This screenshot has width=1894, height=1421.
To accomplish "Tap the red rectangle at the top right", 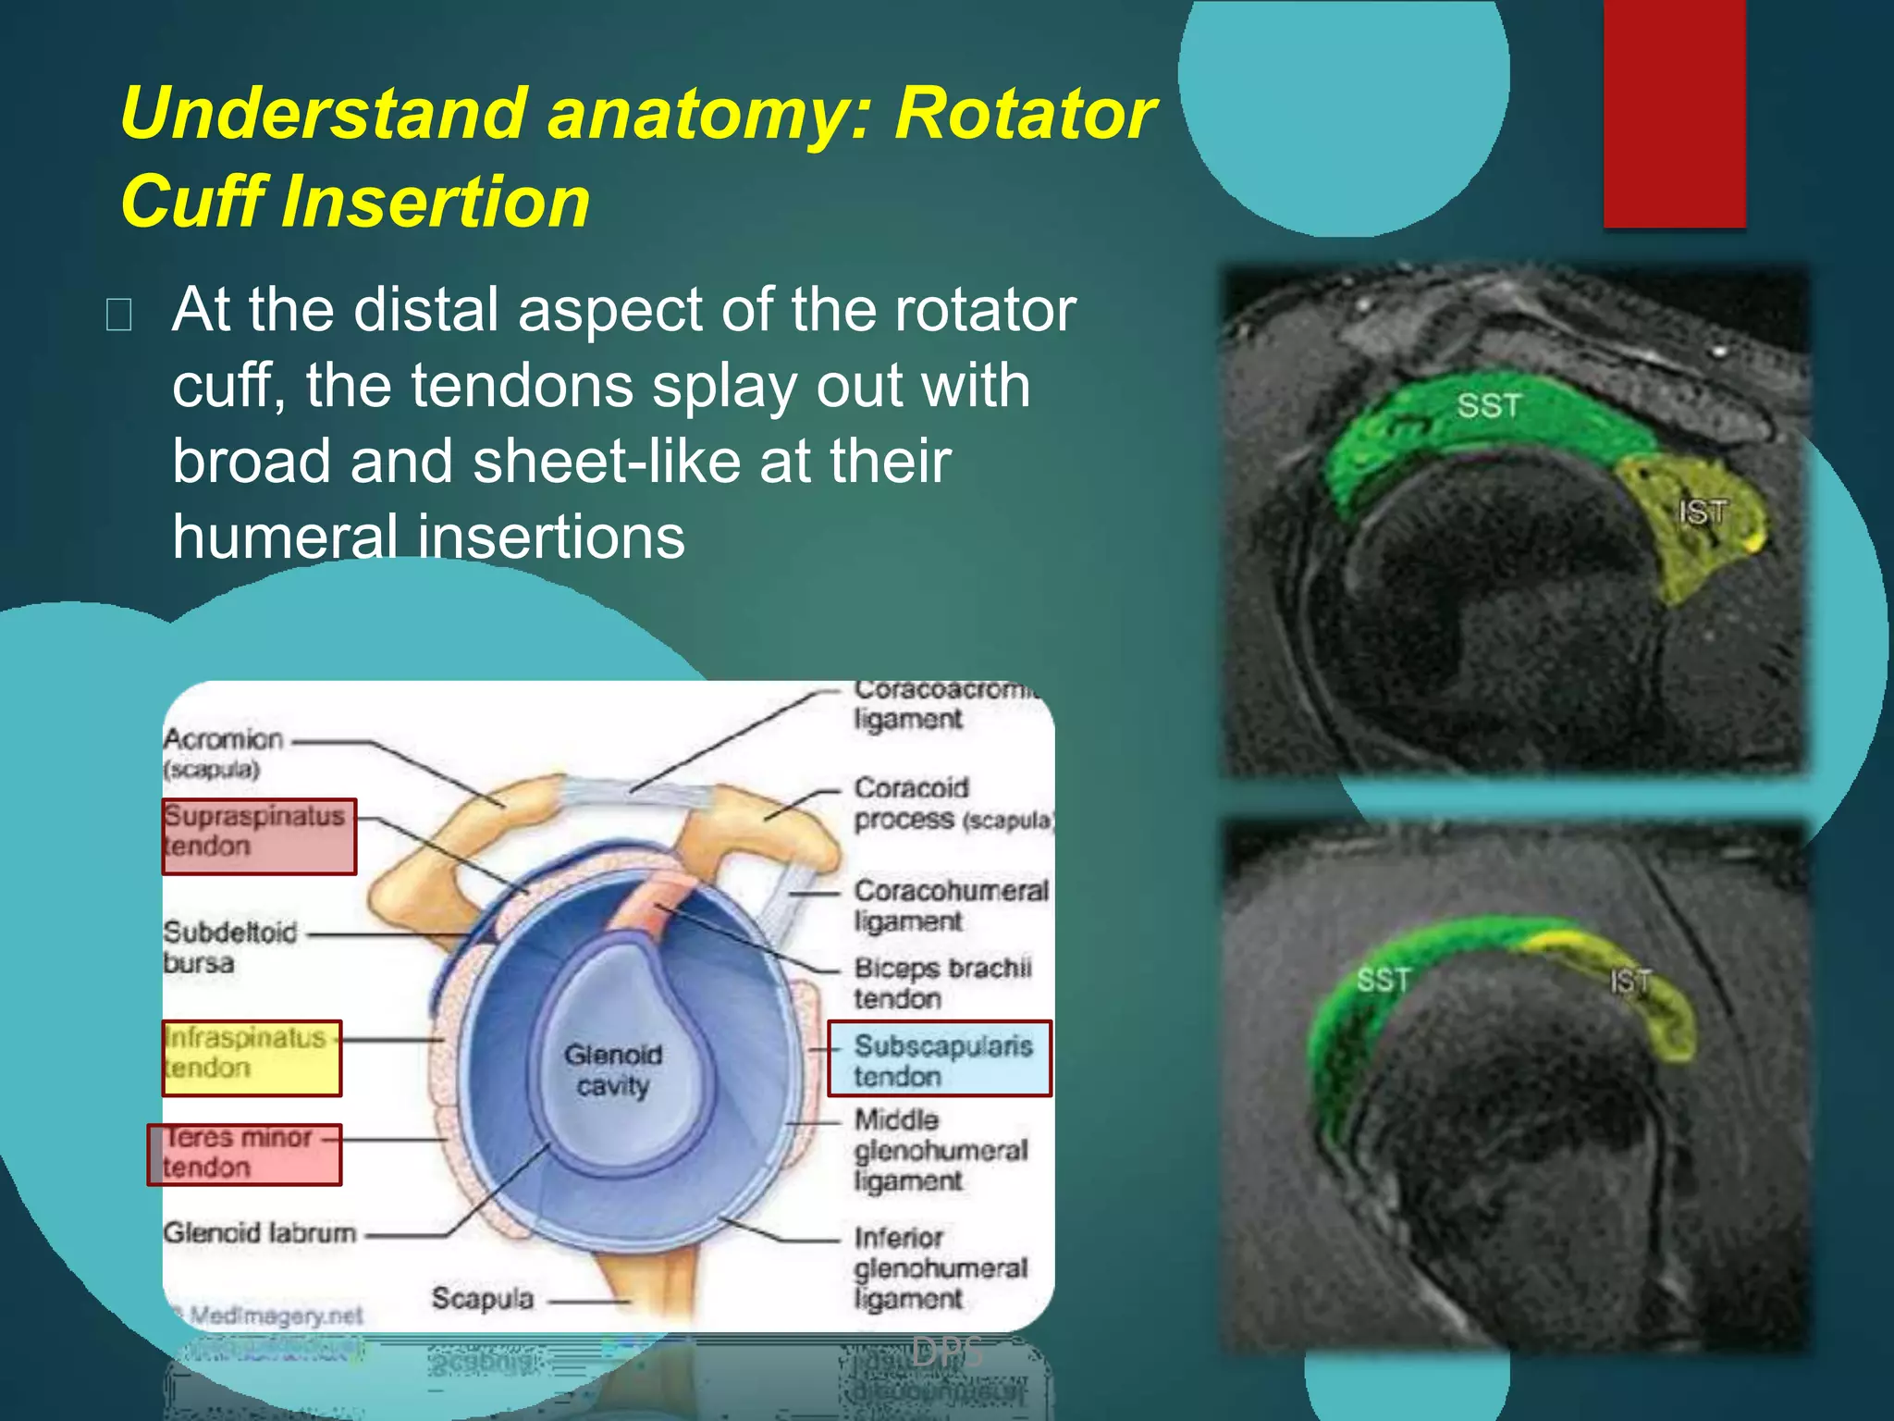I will click(x=1674, y=113).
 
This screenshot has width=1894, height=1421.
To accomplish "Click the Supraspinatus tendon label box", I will click(x=259, y=835).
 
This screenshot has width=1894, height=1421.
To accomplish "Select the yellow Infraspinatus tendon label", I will click(x=252, y=1057).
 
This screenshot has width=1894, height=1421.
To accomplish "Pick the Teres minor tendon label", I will click(x=244, y=1154).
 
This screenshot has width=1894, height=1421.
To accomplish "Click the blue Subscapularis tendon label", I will click(x=939, y=1058).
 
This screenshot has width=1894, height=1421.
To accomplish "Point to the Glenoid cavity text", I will click(x=613, y=1069).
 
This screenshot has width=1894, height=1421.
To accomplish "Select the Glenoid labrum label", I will click(x=259, y=1232).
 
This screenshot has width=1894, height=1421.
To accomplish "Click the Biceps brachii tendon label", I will click(x=941, y=982).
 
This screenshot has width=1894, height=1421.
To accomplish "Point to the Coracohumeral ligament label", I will click(x=950, y=905).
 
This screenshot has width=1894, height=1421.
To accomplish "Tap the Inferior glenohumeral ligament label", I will click(x=939, y=1267).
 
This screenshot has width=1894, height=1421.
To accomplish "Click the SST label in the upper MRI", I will click(x=1488, y=405).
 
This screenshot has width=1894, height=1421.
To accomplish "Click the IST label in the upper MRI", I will click(x=1702, y=512).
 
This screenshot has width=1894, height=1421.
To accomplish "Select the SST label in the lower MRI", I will click(x=1383, y=979).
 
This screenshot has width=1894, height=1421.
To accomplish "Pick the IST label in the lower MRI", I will click(x=1630, y=981).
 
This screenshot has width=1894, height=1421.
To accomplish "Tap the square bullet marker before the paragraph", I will click(x=118, y=315).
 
